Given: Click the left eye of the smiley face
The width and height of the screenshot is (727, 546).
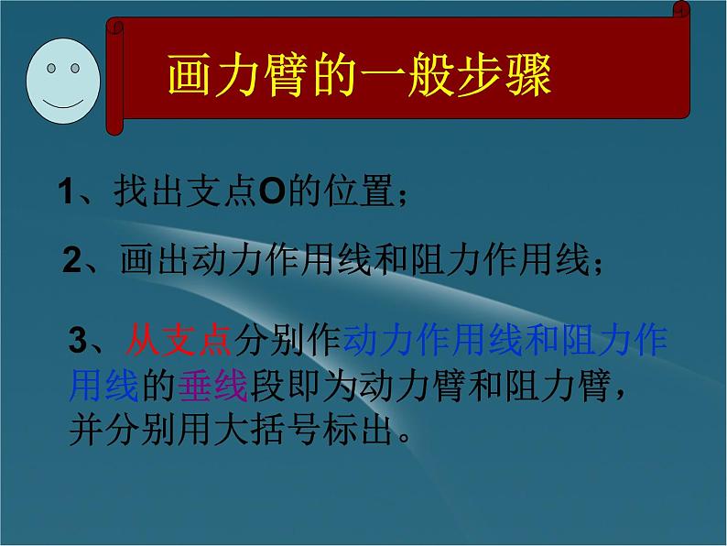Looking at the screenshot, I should click(x=51, y=69).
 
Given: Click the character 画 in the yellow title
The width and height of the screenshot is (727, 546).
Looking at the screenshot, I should click(x=189, y=80).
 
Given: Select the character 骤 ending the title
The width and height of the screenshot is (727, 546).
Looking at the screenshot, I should click(x=530, y=80).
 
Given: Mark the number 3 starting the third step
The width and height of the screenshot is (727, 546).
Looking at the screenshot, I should click(x=79, y=342).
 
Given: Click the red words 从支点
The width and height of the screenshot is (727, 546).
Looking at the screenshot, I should click(x=177, y=342).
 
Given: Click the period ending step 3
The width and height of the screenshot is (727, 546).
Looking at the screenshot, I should click(x=408, y=435).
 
